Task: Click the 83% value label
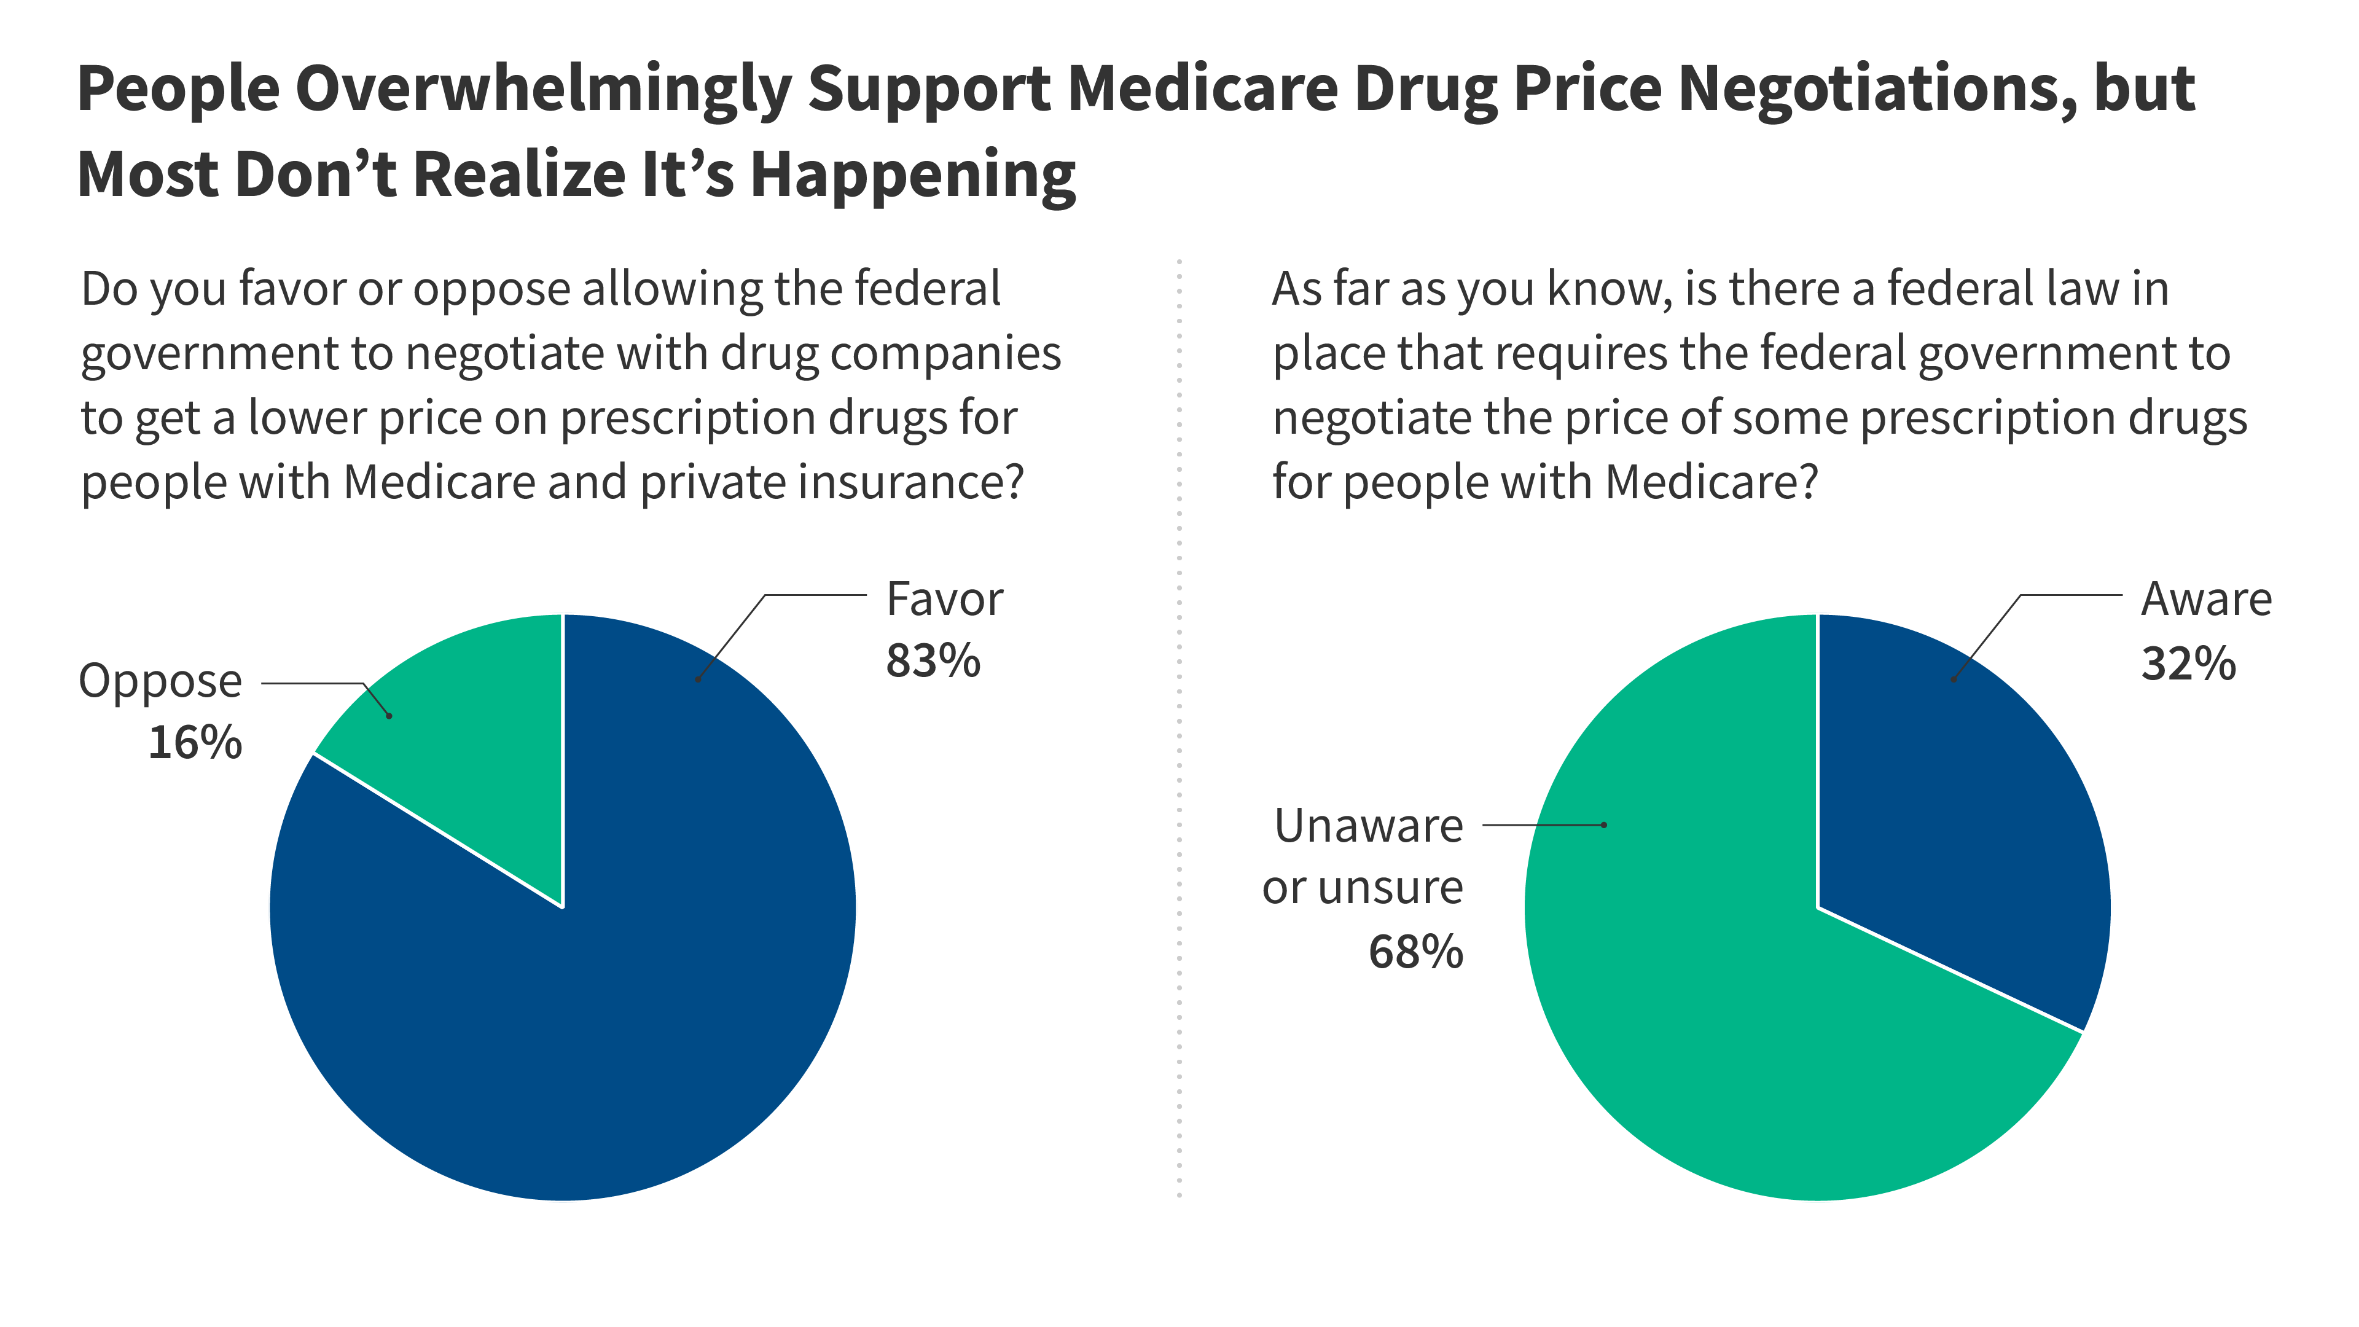tap(933, 661)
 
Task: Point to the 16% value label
tap(195, 743)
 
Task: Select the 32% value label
tap(2188, 664)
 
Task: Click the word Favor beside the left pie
tap(944, 600)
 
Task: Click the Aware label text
tap(2206, 600)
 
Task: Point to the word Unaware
tap(1368, 826)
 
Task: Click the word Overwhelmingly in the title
tap(543, 90)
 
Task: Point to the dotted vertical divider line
tap(1179, 733)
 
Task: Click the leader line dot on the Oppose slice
tap(389, 715)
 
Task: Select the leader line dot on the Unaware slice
tap(1603, 825)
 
